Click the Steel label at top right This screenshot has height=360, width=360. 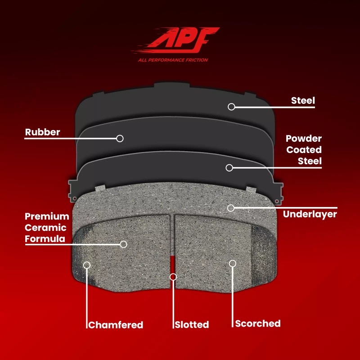pos(303,100)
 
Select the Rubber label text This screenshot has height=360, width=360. pos(43,132)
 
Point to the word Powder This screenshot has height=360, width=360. pos(304,139)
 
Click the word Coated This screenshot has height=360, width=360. pos(304,150)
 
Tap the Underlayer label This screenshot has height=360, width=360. pos(310,215)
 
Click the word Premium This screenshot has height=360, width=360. pos(47,217)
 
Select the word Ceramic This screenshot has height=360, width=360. pos(46,228)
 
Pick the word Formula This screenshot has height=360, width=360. pos(45,239)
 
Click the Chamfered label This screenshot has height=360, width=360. pos(116,325)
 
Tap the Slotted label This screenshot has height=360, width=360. pos(192,325)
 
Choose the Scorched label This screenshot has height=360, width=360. pos(258,324)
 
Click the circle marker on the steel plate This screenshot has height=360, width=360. pos(231,107)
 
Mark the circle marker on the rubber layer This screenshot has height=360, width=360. pos(120,139)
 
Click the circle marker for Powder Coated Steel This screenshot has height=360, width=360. pos(229,168)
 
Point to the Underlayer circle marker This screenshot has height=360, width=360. pos(231,208)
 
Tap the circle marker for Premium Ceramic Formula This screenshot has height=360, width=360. pos(123,244)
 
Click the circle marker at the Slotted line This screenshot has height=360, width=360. pos(172,276)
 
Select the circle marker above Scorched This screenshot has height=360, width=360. pos(233,263)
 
